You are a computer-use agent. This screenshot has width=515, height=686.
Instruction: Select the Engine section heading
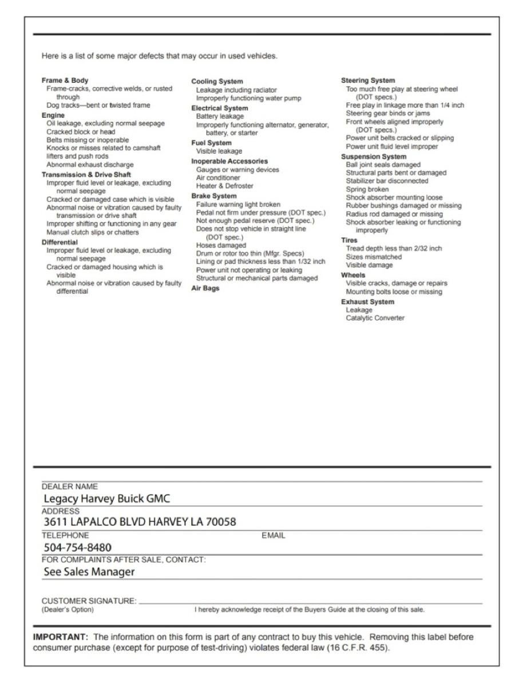click(x=53, y=115)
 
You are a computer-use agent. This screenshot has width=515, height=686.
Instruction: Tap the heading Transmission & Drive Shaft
click(x=86, y=174)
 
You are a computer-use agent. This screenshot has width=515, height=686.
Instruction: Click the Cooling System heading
click(x=217, y=82)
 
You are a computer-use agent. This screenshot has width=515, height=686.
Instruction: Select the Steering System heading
click(x=368, y=81)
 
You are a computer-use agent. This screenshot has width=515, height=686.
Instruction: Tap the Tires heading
click(x=349, y=241)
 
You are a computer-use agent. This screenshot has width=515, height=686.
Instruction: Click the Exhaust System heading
click(x=367, y=301)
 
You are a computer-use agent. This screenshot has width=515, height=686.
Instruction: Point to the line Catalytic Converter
click(x=375, y=318)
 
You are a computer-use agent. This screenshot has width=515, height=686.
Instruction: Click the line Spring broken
click(x=367, y=189)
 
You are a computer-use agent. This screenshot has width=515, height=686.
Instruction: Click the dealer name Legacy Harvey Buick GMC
click(x=107, y=498)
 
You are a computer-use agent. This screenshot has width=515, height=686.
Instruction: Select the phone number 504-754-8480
click(x=77, y=548)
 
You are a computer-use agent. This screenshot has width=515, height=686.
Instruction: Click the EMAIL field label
click(x=273, y=536)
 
